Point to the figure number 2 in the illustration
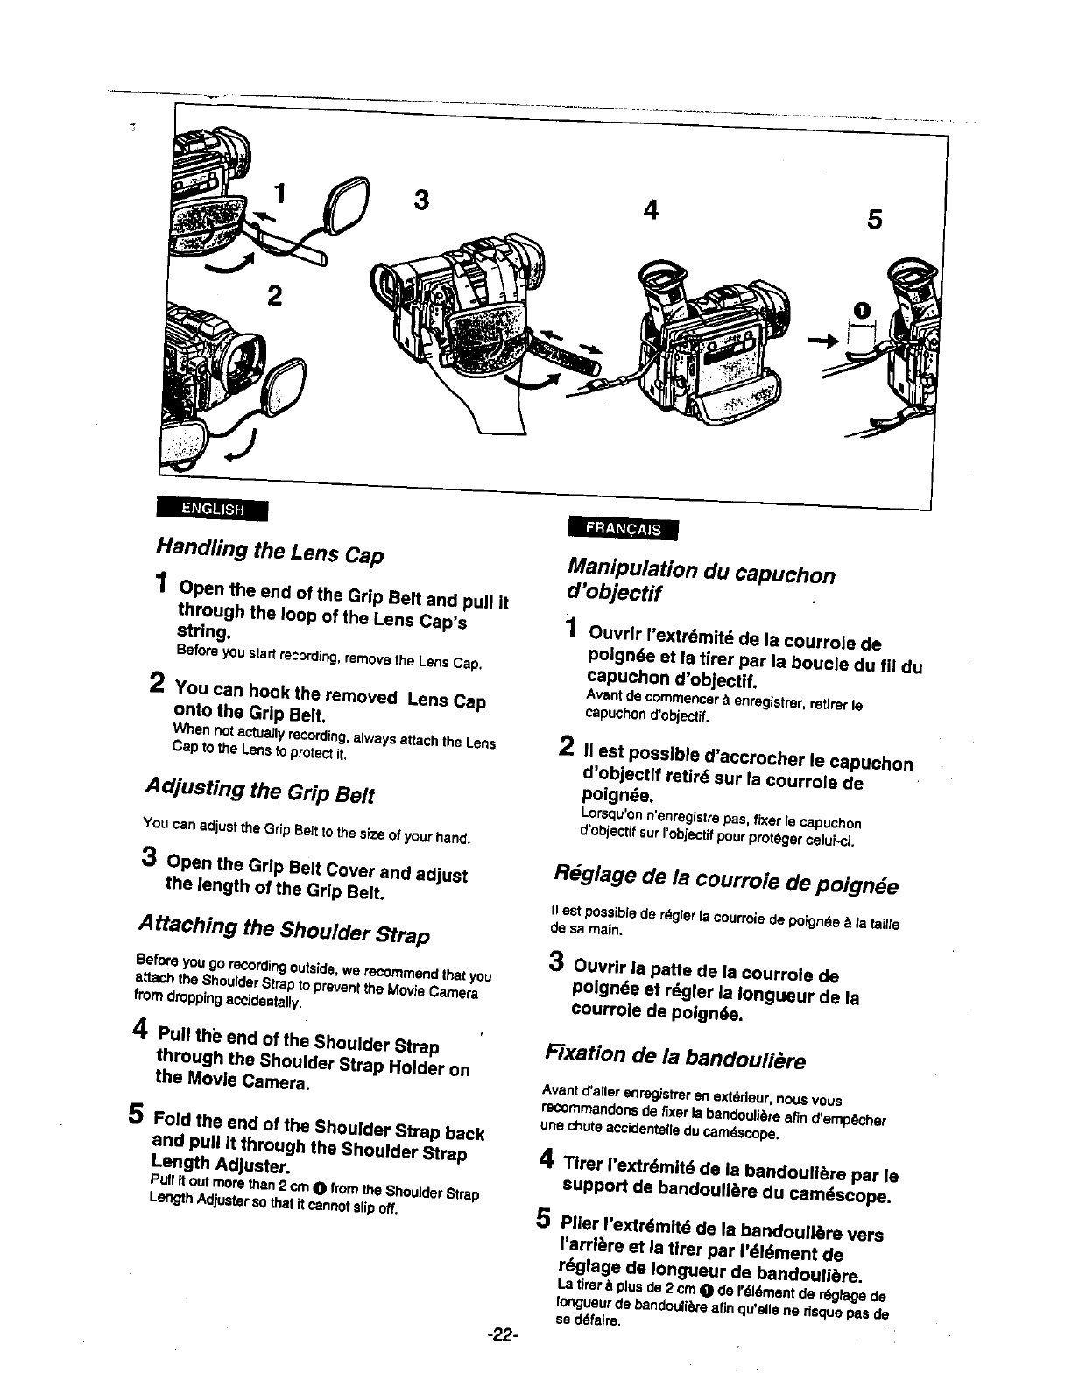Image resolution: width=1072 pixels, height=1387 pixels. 275,296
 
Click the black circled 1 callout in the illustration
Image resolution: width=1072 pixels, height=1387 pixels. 863,309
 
